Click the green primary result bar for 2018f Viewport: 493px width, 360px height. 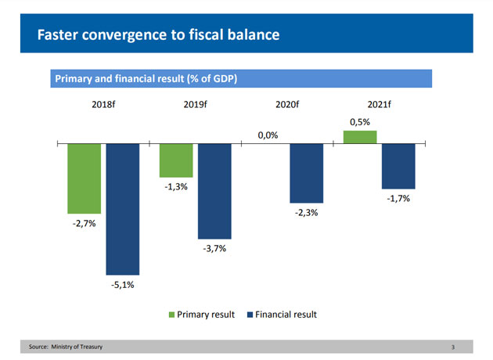(84, 178)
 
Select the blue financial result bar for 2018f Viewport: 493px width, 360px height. (122, 209)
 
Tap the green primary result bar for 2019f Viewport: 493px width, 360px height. (175, 160)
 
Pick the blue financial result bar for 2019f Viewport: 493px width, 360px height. (214, 191)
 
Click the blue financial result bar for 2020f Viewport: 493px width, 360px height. (306, 173)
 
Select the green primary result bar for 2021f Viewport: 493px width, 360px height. (360, 137)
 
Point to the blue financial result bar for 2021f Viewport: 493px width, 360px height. (398, 166)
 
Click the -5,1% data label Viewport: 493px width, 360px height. (122, 285)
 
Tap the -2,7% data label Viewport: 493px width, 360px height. (84, 224)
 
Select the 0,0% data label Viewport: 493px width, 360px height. (268, 135)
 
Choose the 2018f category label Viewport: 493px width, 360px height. (105, 104)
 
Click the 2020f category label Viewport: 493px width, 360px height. (288, 104)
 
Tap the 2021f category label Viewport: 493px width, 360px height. (380, 104)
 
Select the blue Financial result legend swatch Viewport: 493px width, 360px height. (250, 315)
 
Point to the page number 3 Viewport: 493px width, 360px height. (453, 347)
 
